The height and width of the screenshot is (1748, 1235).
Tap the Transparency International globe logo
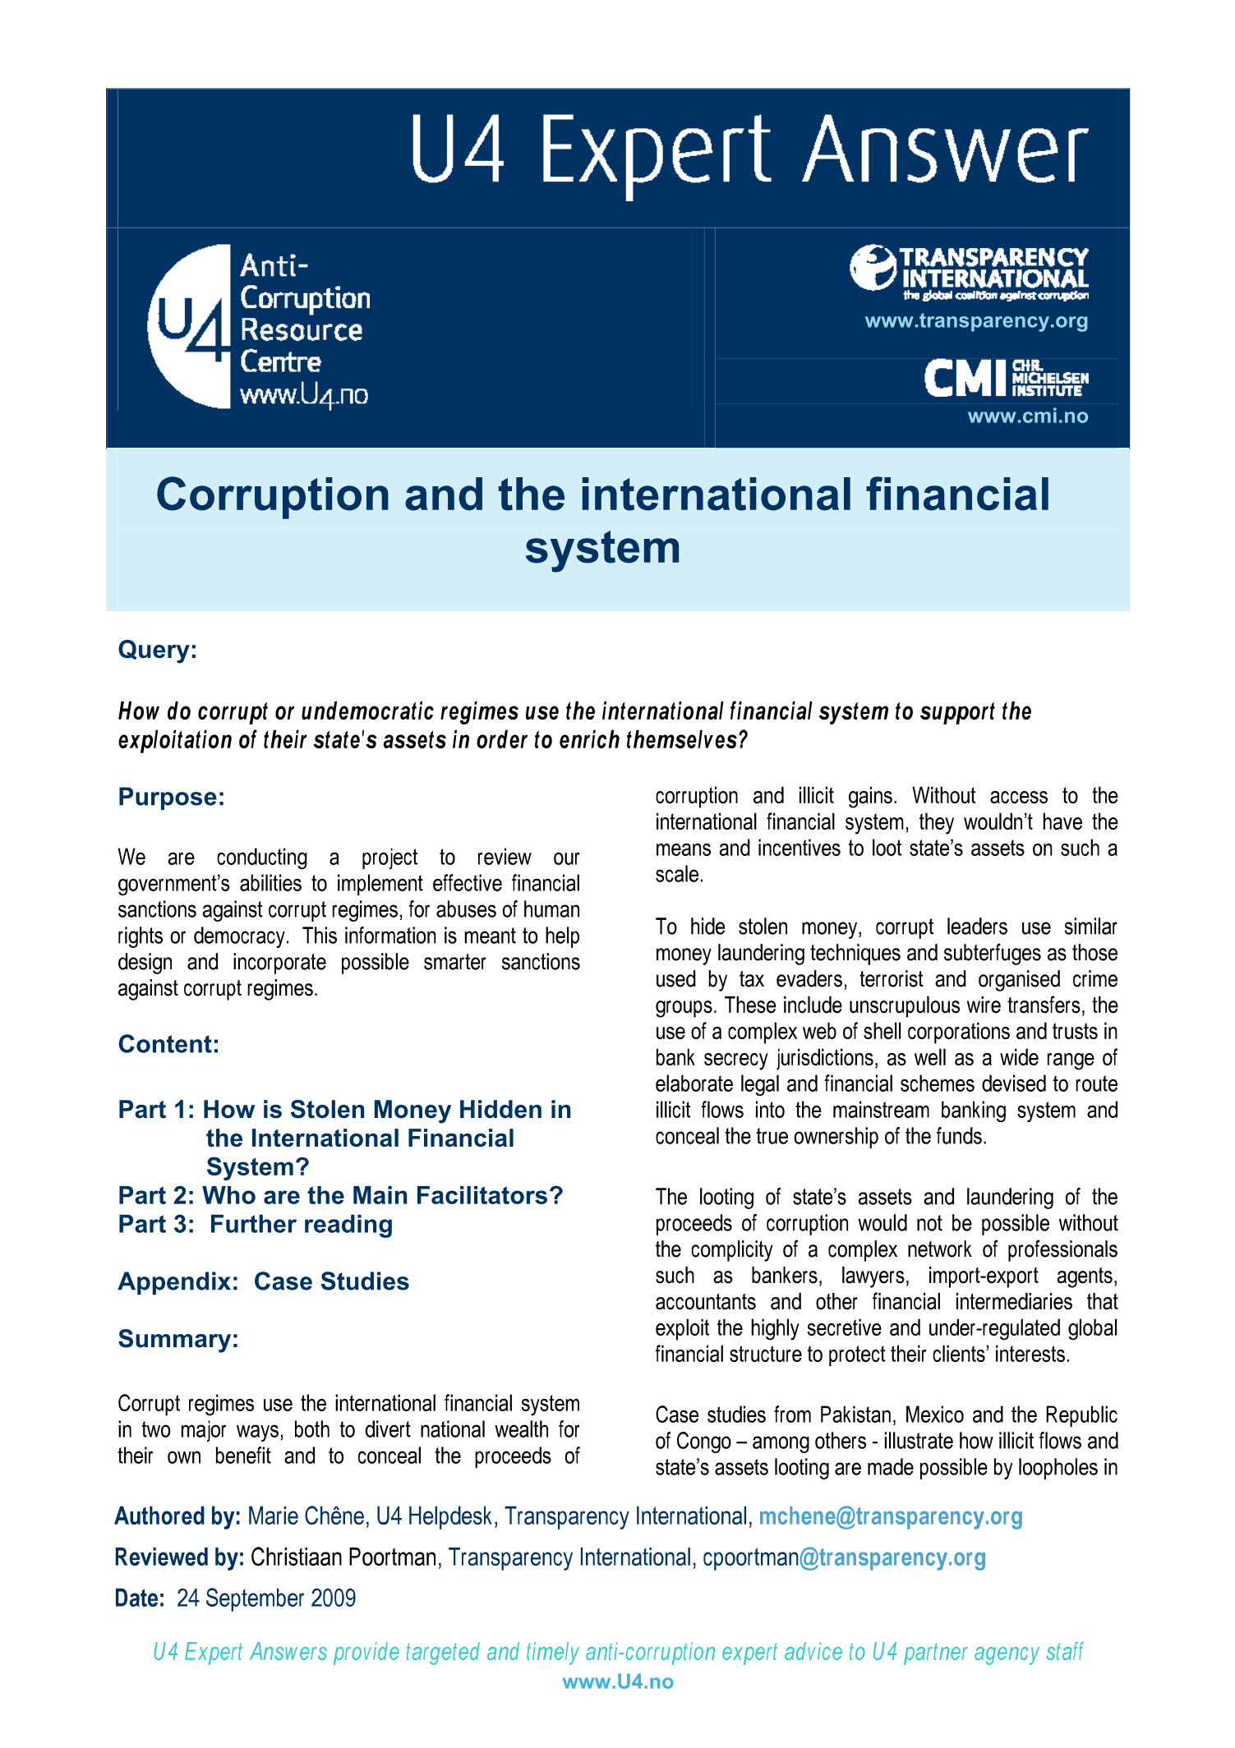click(872, 268)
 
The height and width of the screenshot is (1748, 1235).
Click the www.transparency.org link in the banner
click(976, 321)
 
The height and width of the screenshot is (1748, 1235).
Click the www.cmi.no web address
click(1027, 416)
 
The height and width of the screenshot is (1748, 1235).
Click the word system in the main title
click(602, 548)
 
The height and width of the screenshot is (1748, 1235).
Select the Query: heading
click(157, 650)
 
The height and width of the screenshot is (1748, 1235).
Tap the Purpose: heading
click(171, 797)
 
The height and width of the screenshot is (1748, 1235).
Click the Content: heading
click(168, 1044)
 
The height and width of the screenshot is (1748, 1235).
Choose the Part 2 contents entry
click(340, 1195)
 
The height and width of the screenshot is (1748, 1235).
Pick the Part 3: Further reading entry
click(255, 1224)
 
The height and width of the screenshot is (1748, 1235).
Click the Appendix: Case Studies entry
click(263, 1281)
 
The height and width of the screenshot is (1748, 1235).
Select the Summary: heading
click(178, 1339)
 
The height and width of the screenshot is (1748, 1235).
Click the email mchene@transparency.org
click(890, 1516)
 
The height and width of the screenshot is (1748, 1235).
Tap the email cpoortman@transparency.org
click(844, 1557)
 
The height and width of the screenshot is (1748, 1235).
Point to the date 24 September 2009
click(266, 1598)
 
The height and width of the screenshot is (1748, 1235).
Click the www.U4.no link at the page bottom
click(618, 1681)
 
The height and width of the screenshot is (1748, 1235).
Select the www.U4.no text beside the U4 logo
click(303, 395)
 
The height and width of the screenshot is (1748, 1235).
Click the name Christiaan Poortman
click(343, 1557)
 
